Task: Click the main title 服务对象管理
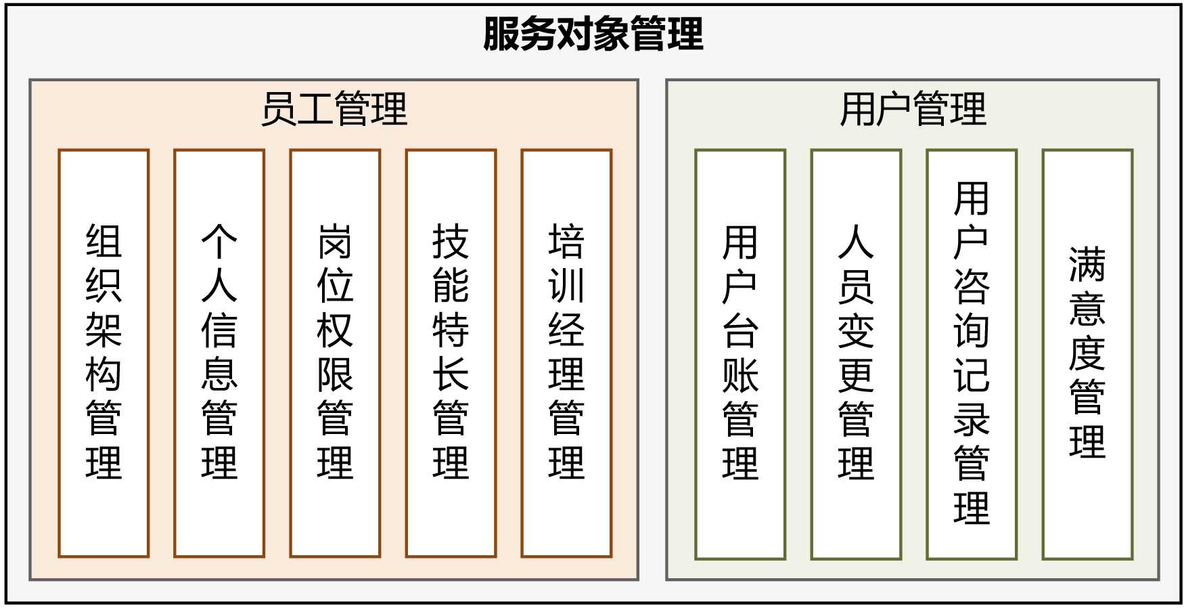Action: pyautogui.click(x=593, y=35)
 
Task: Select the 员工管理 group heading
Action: pyautogui.click(x=334, y=109)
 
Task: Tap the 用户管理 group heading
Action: pyautogui.click(x=913, y=109)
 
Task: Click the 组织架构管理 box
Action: pyautogui.click(x=104, y=353)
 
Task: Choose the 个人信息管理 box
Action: pyautogui.click(x=219, y=353)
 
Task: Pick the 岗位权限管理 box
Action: pyautogui.click(x=335, y=353)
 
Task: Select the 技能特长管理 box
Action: pyautogui.click(x=451, y=353)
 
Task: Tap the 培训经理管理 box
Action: pyautogui.click(x=566, y=353)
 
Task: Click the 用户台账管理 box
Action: pyautogui.click(x=740, y=354)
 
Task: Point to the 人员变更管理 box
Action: pyautogui.click(x=856, y=354)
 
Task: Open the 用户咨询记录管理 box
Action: pyautogui.click(x=972, y=354)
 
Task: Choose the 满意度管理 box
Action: pyautogui.click(x=1087, y=354)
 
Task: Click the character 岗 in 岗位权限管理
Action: pyautogui.click(x=335, y=242)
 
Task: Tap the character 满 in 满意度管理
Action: pyautogui.click(x=1087, y=264)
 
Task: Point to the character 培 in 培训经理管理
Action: pyautogui.click(x=566, y=242)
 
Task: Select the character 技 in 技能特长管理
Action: pyautogui.click(x=451, y=242)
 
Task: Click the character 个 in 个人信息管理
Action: pyautogui.click(x=219, y=242)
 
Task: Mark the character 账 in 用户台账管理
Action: pyautogui.click(x=740, y=374)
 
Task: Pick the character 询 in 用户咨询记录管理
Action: pyautogui.click(x=972, y=330)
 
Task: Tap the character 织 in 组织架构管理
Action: pyautogui.click(x=104, y=286)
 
